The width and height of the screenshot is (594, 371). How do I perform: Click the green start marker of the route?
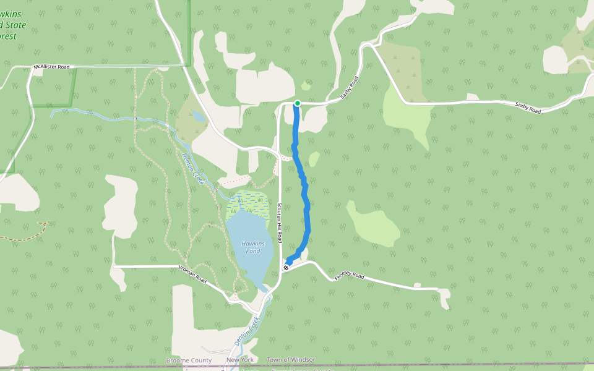point(298,103)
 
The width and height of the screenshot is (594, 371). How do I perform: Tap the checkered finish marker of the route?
point(286,267)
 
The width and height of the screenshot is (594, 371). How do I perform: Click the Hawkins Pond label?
point(252,247)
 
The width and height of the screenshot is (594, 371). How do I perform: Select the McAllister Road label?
point(53,66)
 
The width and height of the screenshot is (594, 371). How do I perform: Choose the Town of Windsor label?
point(291,360)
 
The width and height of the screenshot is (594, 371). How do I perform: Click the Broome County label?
point(189,360)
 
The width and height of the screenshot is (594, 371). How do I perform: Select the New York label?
point(240,360)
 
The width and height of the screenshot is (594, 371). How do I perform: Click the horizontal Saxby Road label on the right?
point(528,108)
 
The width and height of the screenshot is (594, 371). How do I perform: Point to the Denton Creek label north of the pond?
point(193,168)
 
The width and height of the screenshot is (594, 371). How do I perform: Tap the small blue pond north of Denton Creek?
point(199,116)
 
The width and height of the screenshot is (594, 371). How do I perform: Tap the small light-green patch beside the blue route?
point(314,159)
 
